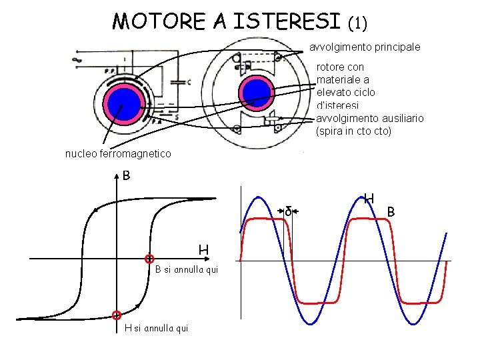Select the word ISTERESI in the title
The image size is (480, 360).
pyautogui.click(x=287, y=22)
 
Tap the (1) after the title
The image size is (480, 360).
pyautogui.click(x=357, y=23)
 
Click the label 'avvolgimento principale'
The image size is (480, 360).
pyautogui.click(x=365, y=47)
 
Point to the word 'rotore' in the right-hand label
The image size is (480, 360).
pyautogui.click(x=331, y=67)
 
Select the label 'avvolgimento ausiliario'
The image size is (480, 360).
pyautogui.click(x=369, y=118)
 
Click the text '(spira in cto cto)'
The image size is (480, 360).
pyautogui.click(x=354, y=131)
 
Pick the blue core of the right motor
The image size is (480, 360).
pyautogui.click(x=254, y=93)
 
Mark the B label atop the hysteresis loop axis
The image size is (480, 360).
pyautogui.click(x=126, y=176)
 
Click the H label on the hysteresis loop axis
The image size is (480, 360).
pyautogui.click(x=203, y=250)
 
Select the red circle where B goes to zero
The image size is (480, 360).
pyautogui.click(x=150, y=259)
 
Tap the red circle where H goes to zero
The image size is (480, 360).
pyautogui.click(x=117, y=315)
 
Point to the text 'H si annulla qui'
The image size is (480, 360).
pyautogui.click(x=157, y=327)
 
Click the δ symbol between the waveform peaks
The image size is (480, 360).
pyautogui.click(x=288, y=211)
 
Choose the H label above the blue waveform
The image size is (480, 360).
pyautogui.click(x=369, y=198)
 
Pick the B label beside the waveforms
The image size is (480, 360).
pyautogui.click(x=392, y=212)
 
